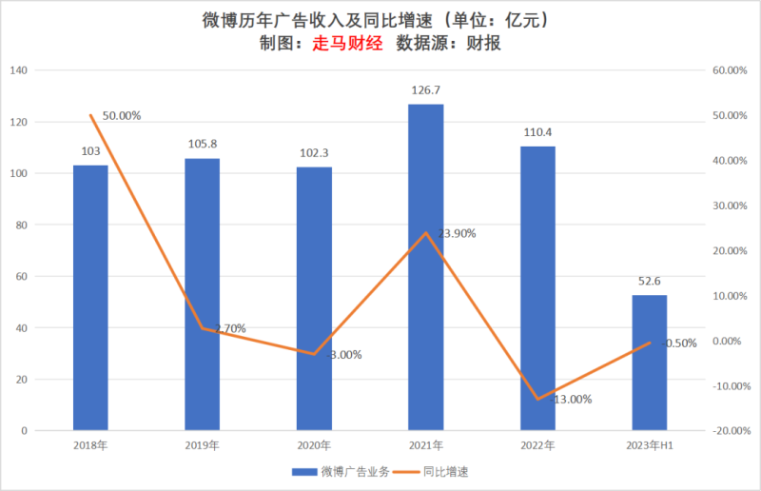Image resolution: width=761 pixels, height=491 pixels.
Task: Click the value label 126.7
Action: tap(426, 90)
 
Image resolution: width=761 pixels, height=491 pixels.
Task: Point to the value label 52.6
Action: tap(650, 282)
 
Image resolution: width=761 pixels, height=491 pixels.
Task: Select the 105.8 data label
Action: tap(203, 145)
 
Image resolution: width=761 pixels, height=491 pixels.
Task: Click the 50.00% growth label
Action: tap(122, 116)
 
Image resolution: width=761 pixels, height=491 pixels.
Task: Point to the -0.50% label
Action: tap(677, 344)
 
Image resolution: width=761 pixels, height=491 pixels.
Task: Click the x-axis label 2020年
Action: tap(314, 445)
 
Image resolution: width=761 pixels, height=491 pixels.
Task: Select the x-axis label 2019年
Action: tap(203, 445)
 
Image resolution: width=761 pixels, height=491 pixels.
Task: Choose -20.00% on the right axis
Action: tap(727, 431)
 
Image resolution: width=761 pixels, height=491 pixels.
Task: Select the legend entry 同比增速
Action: tap(444, 471)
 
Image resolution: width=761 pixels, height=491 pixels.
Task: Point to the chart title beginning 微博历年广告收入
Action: tap(380, 20)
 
